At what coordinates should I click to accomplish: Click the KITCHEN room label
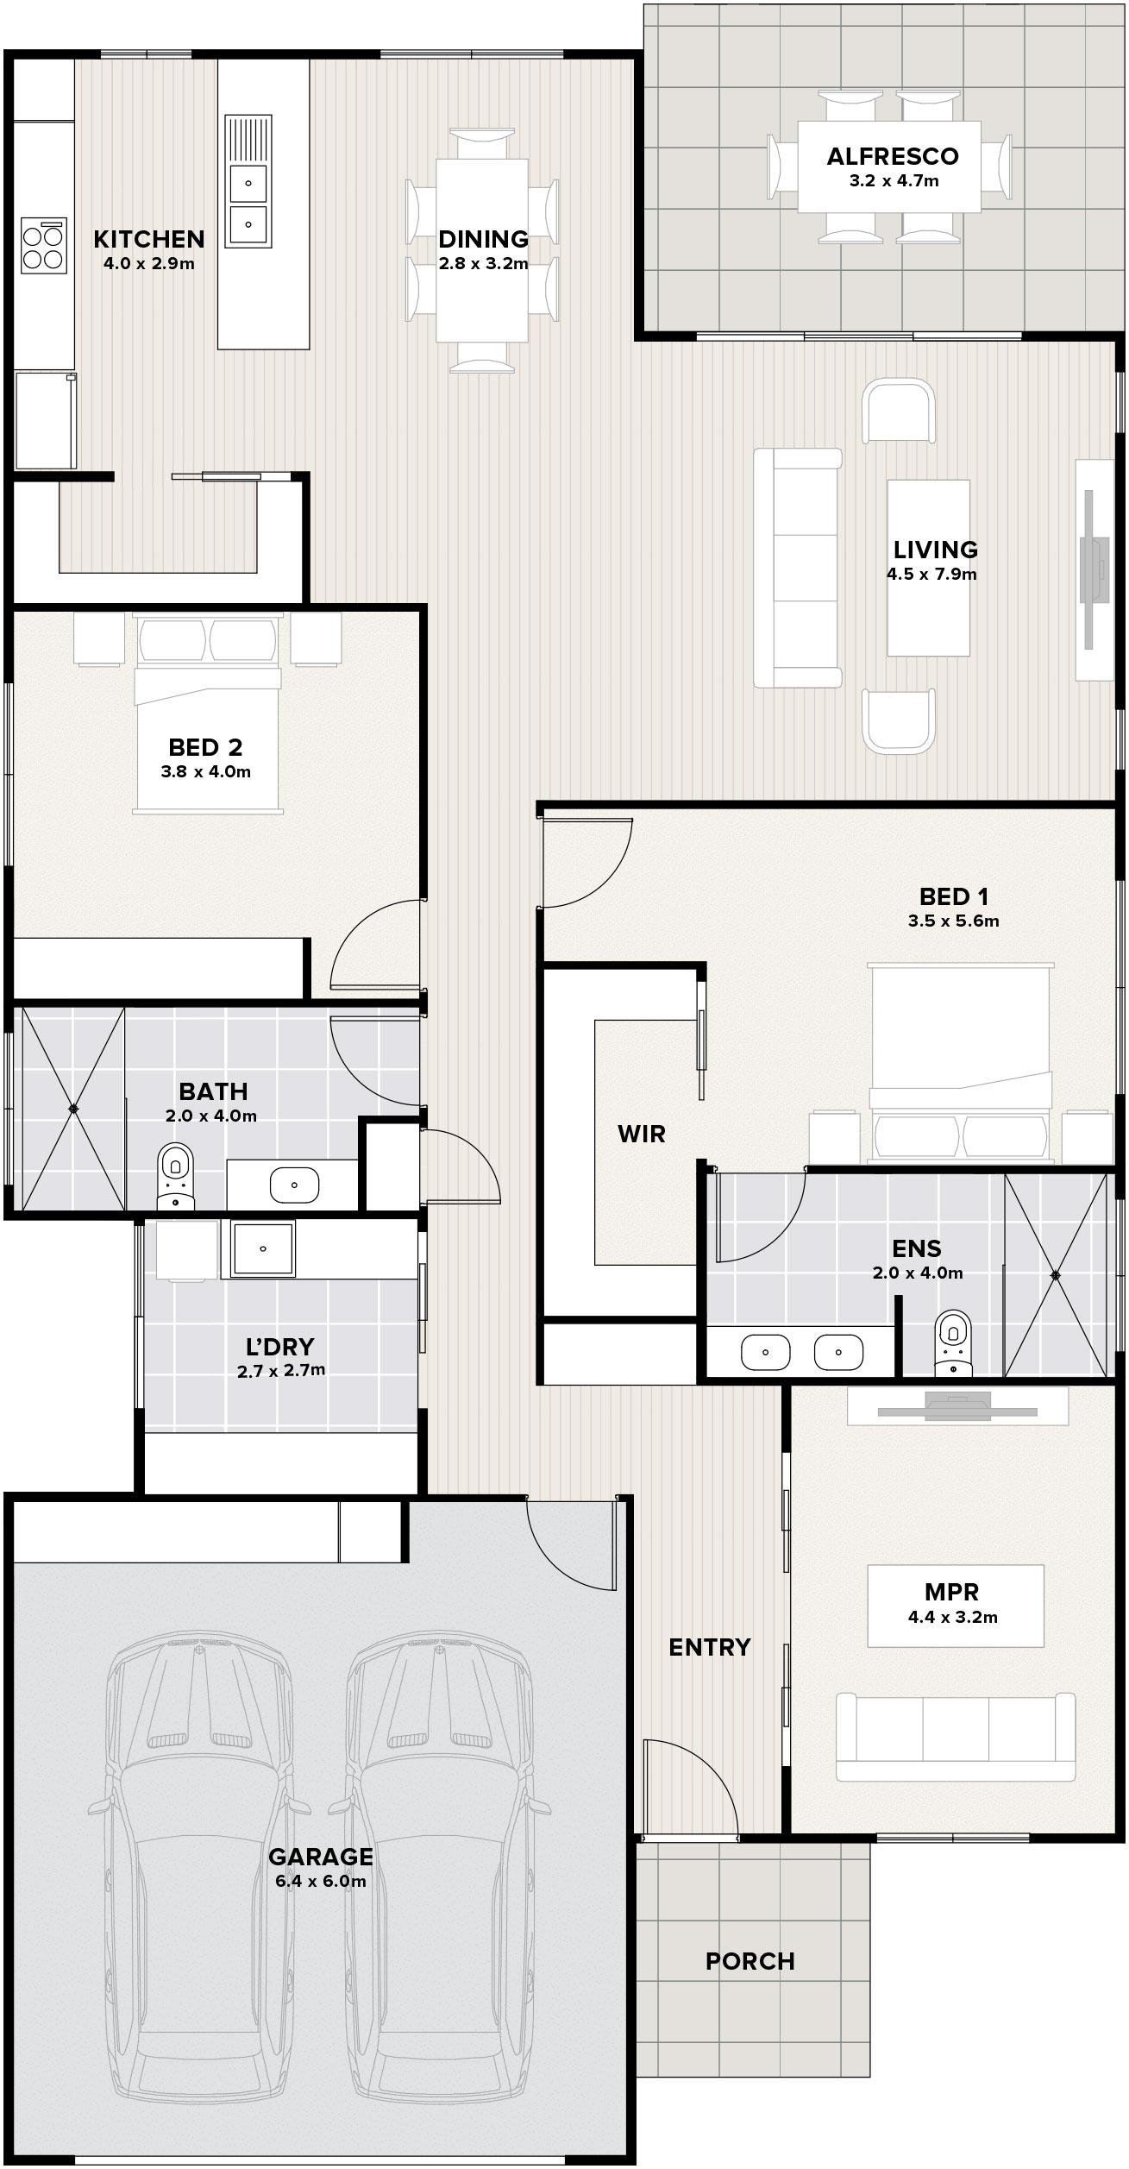(149, 239)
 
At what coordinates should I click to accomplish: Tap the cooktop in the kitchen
(44, 247)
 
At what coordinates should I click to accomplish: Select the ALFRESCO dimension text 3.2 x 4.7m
(894, 181)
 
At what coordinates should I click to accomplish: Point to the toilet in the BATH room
(176, 1176)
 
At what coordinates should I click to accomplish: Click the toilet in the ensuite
(952, 1342)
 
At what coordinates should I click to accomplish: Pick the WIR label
(642, 1134)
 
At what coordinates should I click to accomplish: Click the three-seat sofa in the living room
(797, 568)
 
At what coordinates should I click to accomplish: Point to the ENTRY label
(710, 1647)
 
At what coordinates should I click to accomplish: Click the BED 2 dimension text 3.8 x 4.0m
(205, 772)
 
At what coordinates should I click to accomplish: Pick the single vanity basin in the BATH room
(295, 1185)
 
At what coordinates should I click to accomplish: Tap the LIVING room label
(935, 550)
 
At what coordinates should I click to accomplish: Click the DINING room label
(483, 239)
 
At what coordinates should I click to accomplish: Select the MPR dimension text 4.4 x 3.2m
(952, 1618)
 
